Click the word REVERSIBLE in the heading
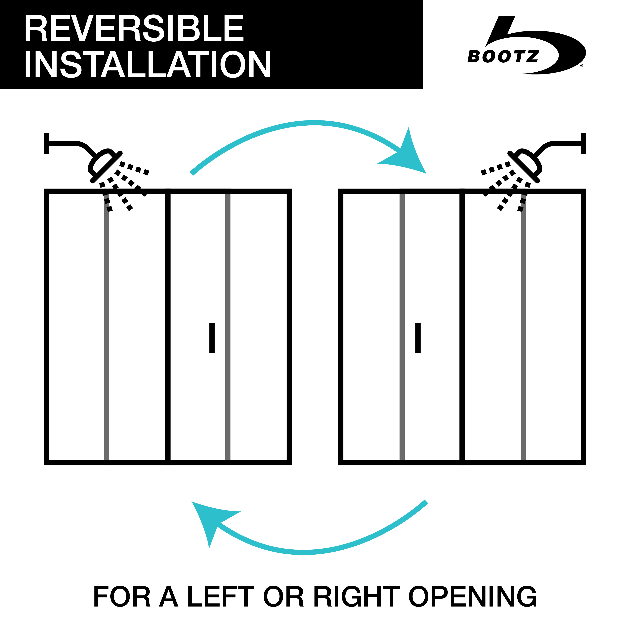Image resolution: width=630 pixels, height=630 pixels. click(x=134, y=28)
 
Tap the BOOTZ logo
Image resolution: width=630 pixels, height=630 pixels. click(x=527, y=45)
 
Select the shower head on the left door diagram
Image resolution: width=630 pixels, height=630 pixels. click(x=105, y=166)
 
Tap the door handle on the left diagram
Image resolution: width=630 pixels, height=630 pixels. click(x=212, y=338)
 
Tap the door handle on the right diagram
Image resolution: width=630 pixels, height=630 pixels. click(x=418, y=338)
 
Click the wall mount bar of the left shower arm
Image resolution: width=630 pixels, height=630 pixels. click(x=47, y=143)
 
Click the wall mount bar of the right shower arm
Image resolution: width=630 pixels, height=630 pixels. click(x=583, y=143)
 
